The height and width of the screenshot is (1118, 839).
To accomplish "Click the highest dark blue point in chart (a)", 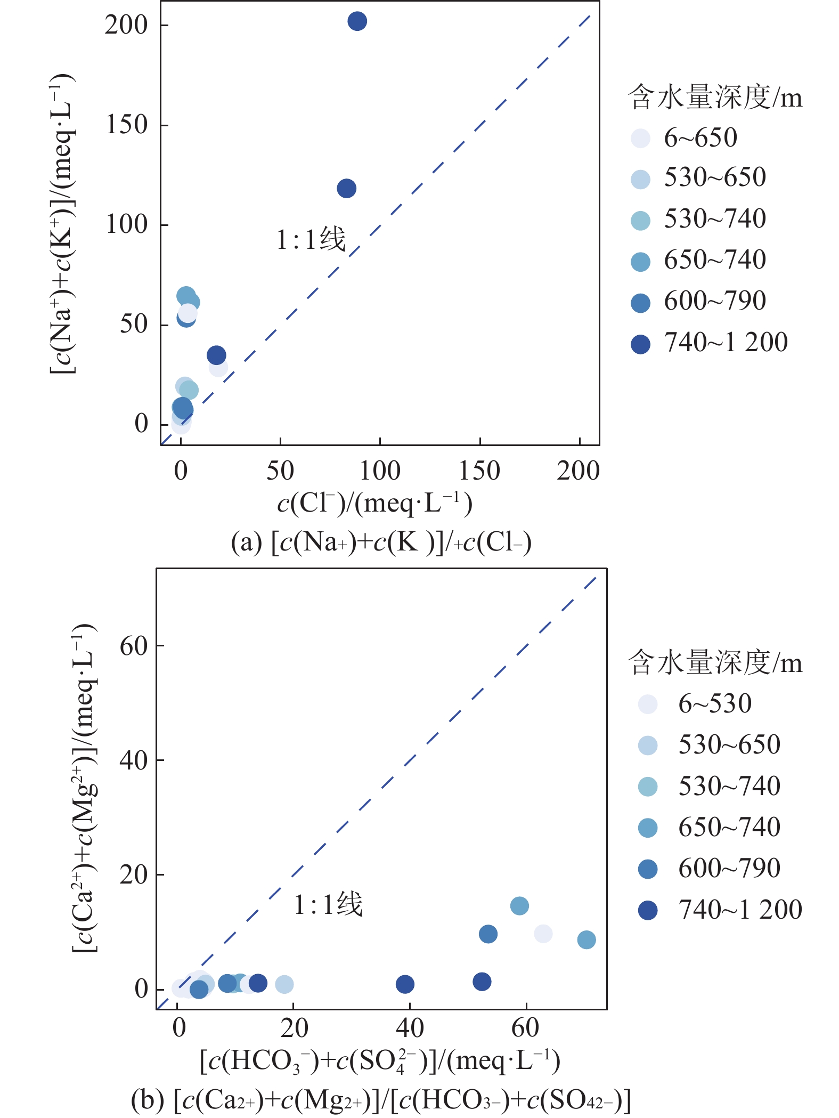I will tap(357, 21).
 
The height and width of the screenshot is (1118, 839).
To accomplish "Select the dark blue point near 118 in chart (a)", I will tap(346, 188).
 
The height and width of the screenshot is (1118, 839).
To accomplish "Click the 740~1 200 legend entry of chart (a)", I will tap(708, 343).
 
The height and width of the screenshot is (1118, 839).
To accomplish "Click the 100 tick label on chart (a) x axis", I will tap(379, 471).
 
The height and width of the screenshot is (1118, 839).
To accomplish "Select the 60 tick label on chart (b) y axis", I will tap(133, 646).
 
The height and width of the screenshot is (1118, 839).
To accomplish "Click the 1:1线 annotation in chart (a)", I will tap(311, 239).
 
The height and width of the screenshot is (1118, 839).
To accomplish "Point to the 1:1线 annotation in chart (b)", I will tap(328, 904).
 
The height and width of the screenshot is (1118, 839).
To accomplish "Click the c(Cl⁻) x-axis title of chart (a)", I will tap(374, 503).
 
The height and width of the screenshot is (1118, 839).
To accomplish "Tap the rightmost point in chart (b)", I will tap(586, 939).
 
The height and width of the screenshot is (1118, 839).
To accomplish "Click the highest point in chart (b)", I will tap(519, 905).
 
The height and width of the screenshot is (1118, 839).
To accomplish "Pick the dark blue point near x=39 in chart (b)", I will tap(405, 984).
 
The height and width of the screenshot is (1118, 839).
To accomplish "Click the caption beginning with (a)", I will tap(381, 543).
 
